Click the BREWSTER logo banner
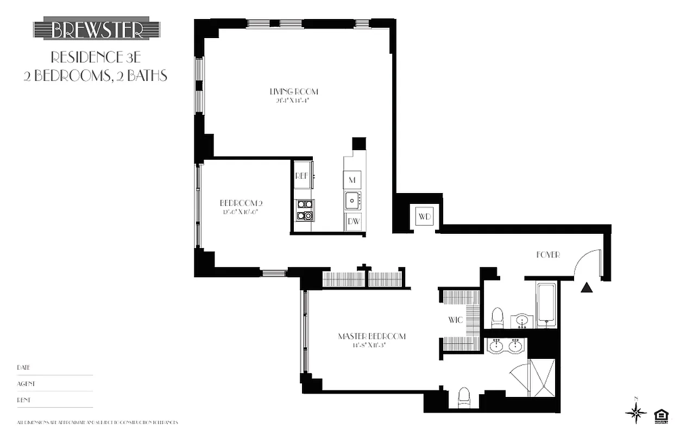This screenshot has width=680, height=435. [x=96, y=29]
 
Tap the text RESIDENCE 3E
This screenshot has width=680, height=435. [x=96, y=57]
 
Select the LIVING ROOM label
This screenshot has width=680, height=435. [x=293, y=91]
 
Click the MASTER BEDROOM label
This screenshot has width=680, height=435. [x=372, y=336]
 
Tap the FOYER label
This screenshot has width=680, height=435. [x=547, y=254]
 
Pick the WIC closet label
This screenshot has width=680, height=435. [x=455, y=320]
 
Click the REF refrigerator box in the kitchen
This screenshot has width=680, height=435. [x=301, y=176]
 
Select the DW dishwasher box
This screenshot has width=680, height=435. [x=353, y=221]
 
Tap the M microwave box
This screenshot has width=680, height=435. [x=352, y=179]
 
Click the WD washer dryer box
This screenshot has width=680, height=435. [x=424, y=217]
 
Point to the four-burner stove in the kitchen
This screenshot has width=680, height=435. [x=305, y=210]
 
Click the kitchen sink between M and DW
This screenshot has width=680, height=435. [x=352, y=200]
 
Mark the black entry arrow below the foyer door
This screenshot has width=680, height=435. [x=586, y=288]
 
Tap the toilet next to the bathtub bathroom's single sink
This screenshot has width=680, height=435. [x=498, y=318]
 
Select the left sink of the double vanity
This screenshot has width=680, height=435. [x=496, y=345]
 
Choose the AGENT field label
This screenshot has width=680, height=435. [x=26, y=383]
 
